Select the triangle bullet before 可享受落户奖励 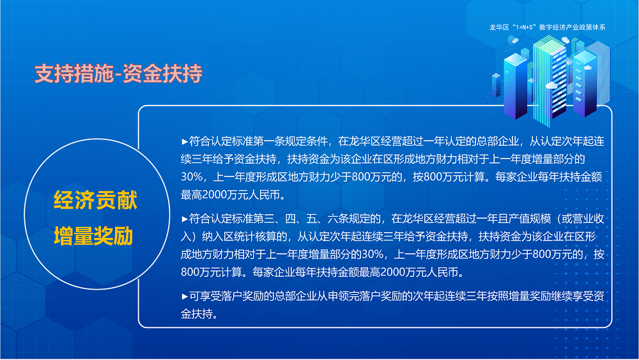(x=185, y=296)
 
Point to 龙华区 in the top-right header (x=497, y=27)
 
